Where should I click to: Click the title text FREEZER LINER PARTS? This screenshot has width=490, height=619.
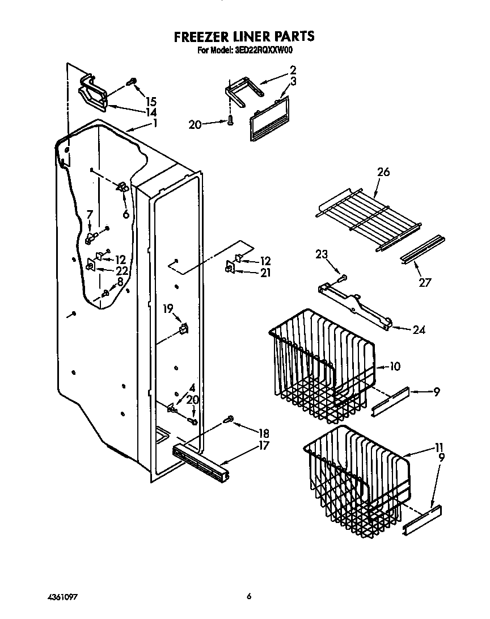point(244,37)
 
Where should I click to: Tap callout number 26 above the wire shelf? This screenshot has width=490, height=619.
point(383,172)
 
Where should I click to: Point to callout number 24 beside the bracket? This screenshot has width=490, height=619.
point(420,329)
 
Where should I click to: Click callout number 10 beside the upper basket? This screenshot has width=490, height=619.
point(395,367)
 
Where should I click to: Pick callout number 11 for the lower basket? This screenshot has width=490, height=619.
point(439,447)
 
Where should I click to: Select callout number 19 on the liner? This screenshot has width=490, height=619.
point(168,309)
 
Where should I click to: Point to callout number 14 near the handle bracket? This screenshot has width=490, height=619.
point(150,112)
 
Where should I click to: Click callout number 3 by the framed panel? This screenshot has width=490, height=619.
point(293,81)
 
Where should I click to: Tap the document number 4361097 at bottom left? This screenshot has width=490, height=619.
point(62,597)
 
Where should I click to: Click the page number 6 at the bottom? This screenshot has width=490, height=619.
point(248,597)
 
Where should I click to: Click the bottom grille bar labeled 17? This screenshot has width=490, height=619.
point(201,459)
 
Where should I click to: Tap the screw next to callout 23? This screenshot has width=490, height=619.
point(342,278)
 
